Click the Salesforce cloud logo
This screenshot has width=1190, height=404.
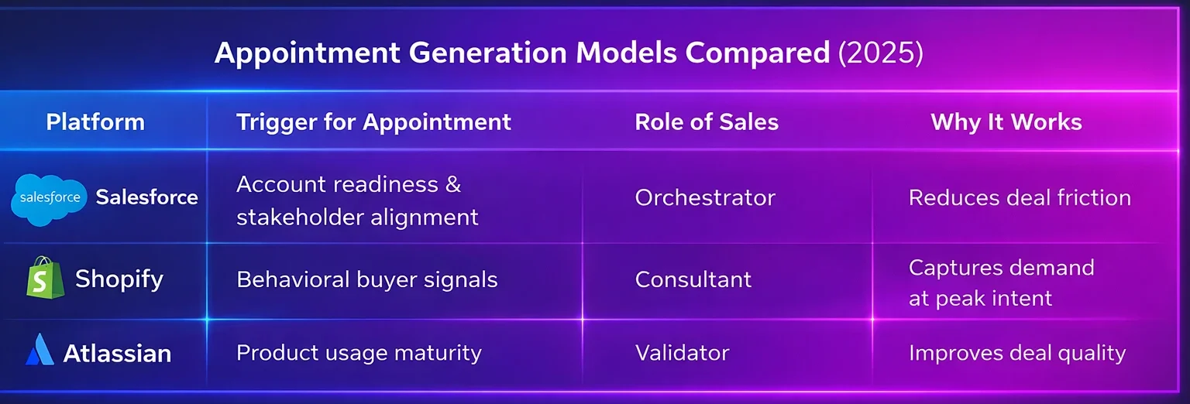(x=50, y=198)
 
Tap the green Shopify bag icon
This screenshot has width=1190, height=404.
(x=44, y=278)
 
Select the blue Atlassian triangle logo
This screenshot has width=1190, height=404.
(x=40, y=351)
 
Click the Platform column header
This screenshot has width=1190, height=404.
(x=95, y=122)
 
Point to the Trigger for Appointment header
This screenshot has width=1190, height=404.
(x=373, y=122)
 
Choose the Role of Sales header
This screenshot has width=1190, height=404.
(x=707, y=122)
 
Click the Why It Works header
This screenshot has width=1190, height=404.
(x=1006, y=122)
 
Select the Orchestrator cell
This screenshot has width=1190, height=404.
(x=705, y=198)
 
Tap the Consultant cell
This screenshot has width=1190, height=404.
(x=693, y=279)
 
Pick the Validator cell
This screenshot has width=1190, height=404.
(x=682, y=353)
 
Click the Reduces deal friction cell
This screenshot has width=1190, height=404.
(x=1020, y=198)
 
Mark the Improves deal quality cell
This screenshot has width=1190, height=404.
(x=1016, y=353)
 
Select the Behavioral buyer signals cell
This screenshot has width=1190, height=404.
(x=366, y=279)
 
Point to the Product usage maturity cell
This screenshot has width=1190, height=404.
(x=359, y=353)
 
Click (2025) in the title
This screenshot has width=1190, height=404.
(x=881, y=53)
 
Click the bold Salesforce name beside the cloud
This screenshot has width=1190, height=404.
(x=146, y=197)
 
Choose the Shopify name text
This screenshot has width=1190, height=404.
(x=119, y=279)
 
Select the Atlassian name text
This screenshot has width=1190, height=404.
(x=117, y=353)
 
